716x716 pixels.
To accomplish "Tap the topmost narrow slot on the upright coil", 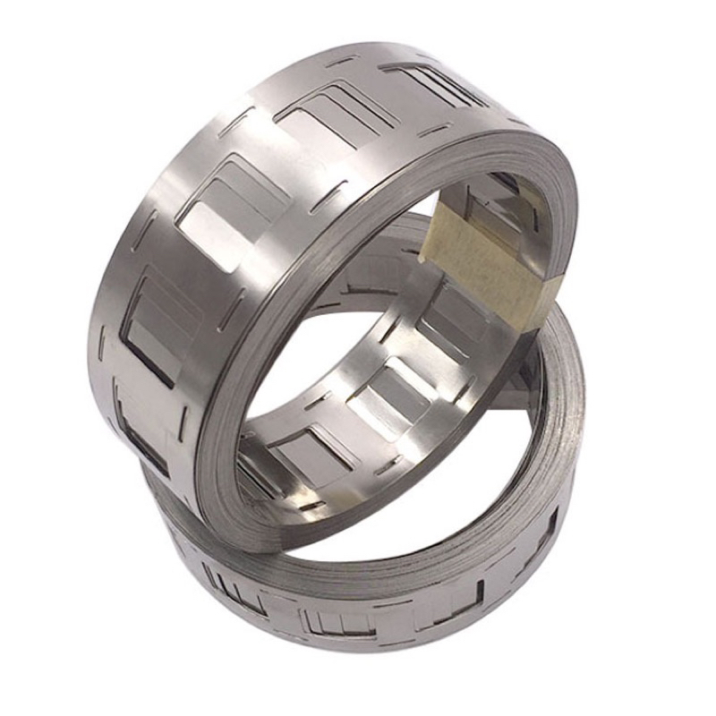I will point(341,62).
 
